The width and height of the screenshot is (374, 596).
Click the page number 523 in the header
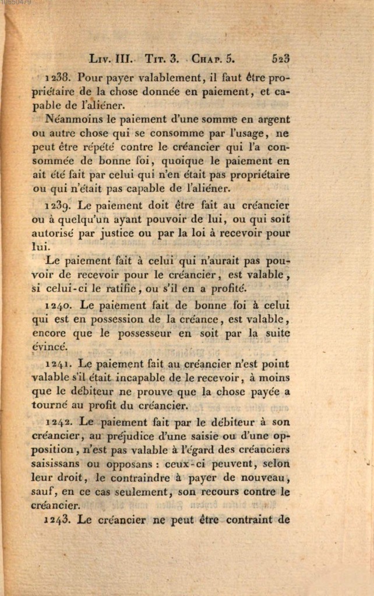click(x=280, y=58)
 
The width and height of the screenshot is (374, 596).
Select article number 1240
click(x=58, y=305)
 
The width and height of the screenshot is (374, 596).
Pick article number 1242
click(x=59, y=421)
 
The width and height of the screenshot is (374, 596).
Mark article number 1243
click(x=57, y=519)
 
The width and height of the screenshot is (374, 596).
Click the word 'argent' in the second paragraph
click(x=273, y=119)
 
